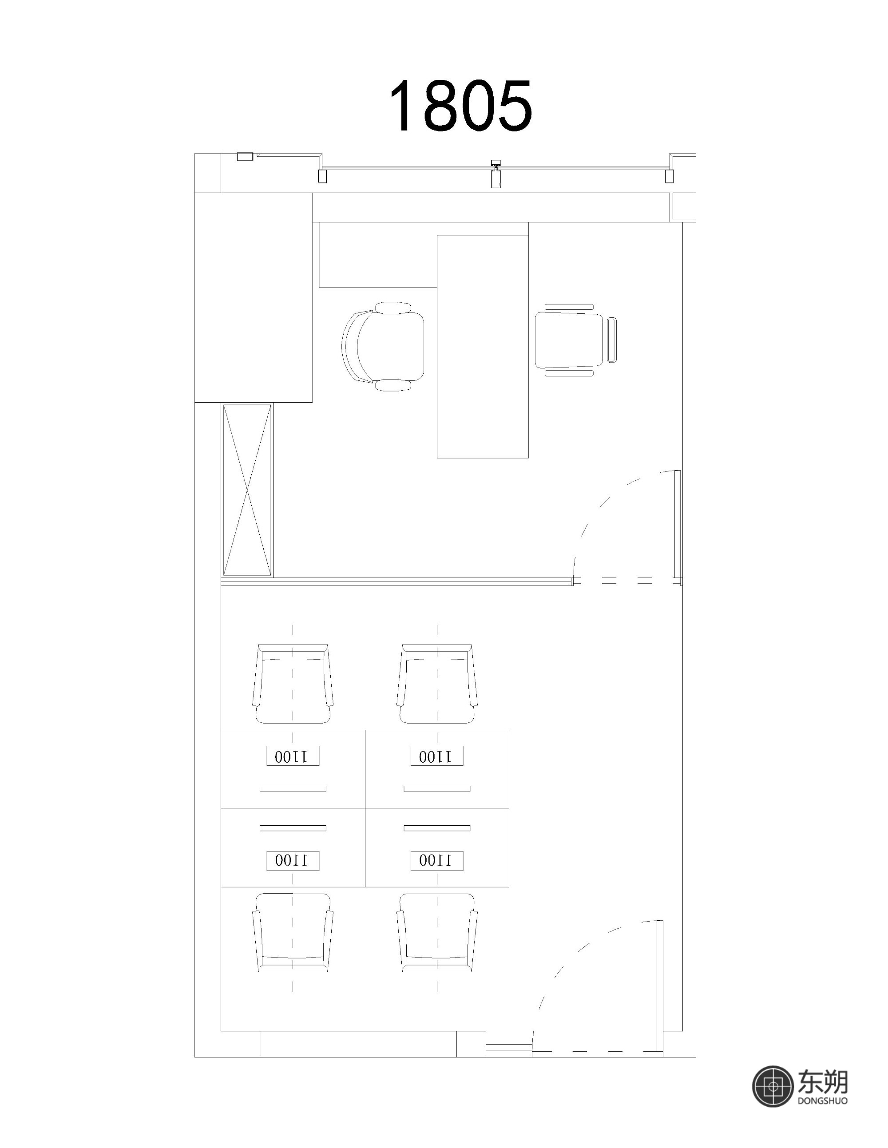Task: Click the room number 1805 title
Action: point(460,105)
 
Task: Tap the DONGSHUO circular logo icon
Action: point(773,1086)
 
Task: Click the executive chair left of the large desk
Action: point(383,346)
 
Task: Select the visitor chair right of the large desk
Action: point(575,340)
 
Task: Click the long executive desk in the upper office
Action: point(483,346)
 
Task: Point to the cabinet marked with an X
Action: point(247,490)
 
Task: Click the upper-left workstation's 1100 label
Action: point(293,756)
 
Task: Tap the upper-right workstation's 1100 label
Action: point(437,756)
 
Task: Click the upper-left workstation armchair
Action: point(293,683)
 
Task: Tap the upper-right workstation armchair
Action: point(437,683)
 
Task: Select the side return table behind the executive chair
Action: point(378,255)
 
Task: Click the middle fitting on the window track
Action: point(495,174)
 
